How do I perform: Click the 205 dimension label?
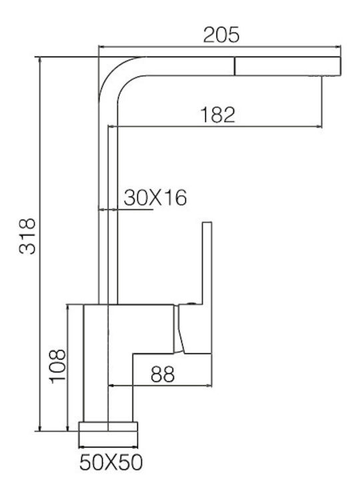(x=221, y=35)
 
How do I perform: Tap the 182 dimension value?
(x=217, y=115)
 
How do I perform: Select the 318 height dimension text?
(x=27, y=236)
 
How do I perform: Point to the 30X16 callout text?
(x=155, y=197)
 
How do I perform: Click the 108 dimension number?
(x=57, y=366)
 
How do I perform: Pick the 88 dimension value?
(x=163, y=374)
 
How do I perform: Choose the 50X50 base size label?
(x=111, y=462)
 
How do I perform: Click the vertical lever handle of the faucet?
(x=207, y=263)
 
